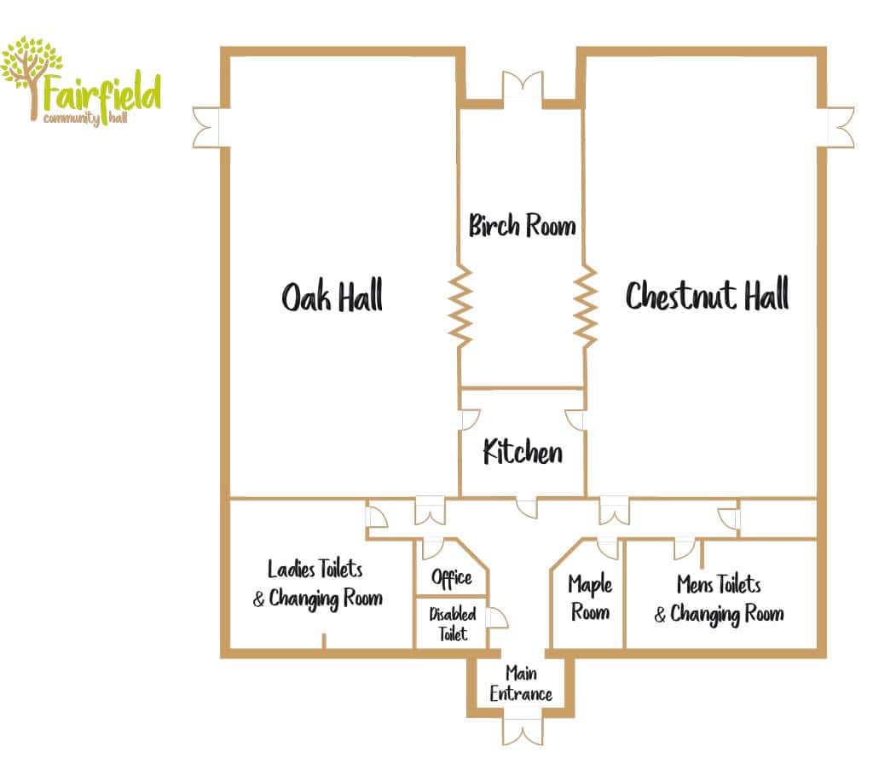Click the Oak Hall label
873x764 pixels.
pyautogui.click(x=332, y=296)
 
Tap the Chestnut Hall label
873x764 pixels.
pyautogui.click(x=707, y=294)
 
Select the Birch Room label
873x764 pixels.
pyautogui.click(x=522, y=225)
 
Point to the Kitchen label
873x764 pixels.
pyautogui.click(x=523, y=451)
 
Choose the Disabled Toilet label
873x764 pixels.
pyautogui.click(x=452, y=623)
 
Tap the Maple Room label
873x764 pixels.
pyautogui.click(x=590, y=598)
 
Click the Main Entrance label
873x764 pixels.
pyautogui.click(x=521, y=684)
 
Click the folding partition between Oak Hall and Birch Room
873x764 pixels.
pyautogui.click(x=461, y=307)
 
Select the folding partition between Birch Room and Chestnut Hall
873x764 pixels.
pyautogui.click(x=586, y=307)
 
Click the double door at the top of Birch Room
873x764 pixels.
pyautogui.click(x=523, y=89)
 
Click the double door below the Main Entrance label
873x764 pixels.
pyautogui.click(x=523, y=731)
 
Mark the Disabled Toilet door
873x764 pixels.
pyautogui.click(x=497, y=617)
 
